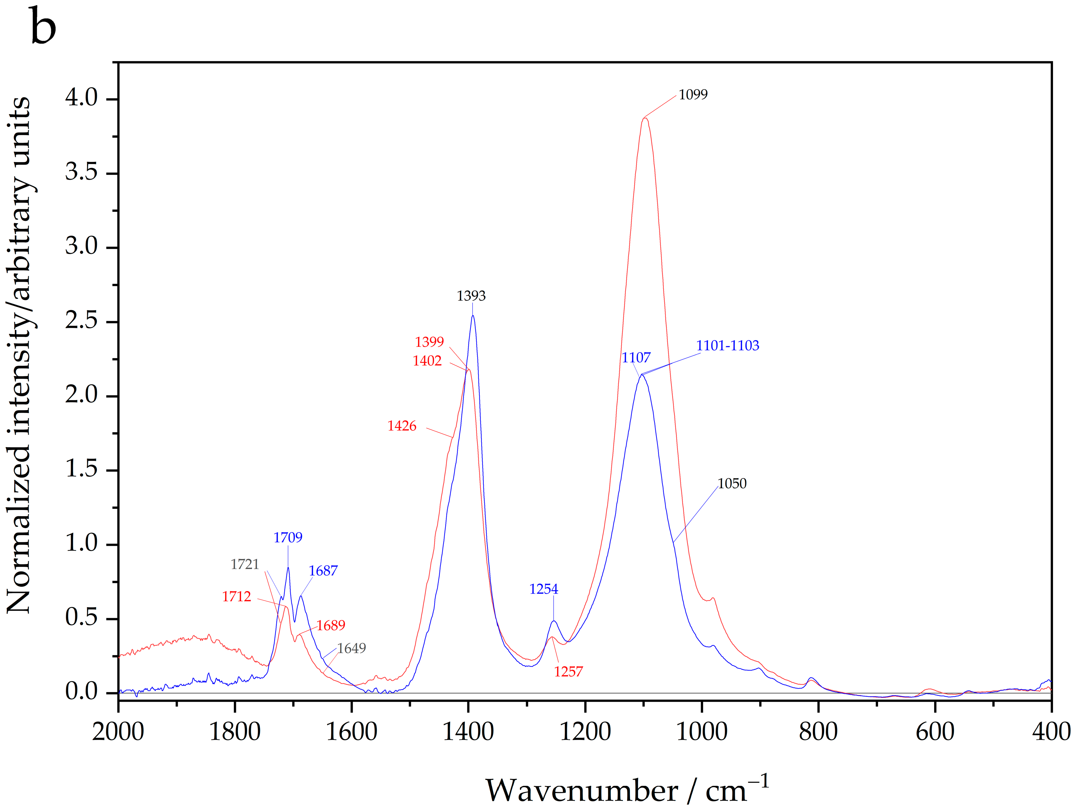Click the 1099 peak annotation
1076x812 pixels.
693,95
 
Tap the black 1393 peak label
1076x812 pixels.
471,296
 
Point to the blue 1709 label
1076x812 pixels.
287,537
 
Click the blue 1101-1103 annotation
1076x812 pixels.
727,346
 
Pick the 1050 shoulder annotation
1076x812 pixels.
732,483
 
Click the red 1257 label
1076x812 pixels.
568,672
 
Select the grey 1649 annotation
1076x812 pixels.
351,648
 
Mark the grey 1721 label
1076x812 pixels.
245,564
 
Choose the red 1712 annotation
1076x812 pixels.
236,596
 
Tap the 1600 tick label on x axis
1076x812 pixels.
351,732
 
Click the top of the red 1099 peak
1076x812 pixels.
645,118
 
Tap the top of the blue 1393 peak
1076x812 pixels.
472,316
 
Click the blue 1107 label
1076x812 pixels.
636,358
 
